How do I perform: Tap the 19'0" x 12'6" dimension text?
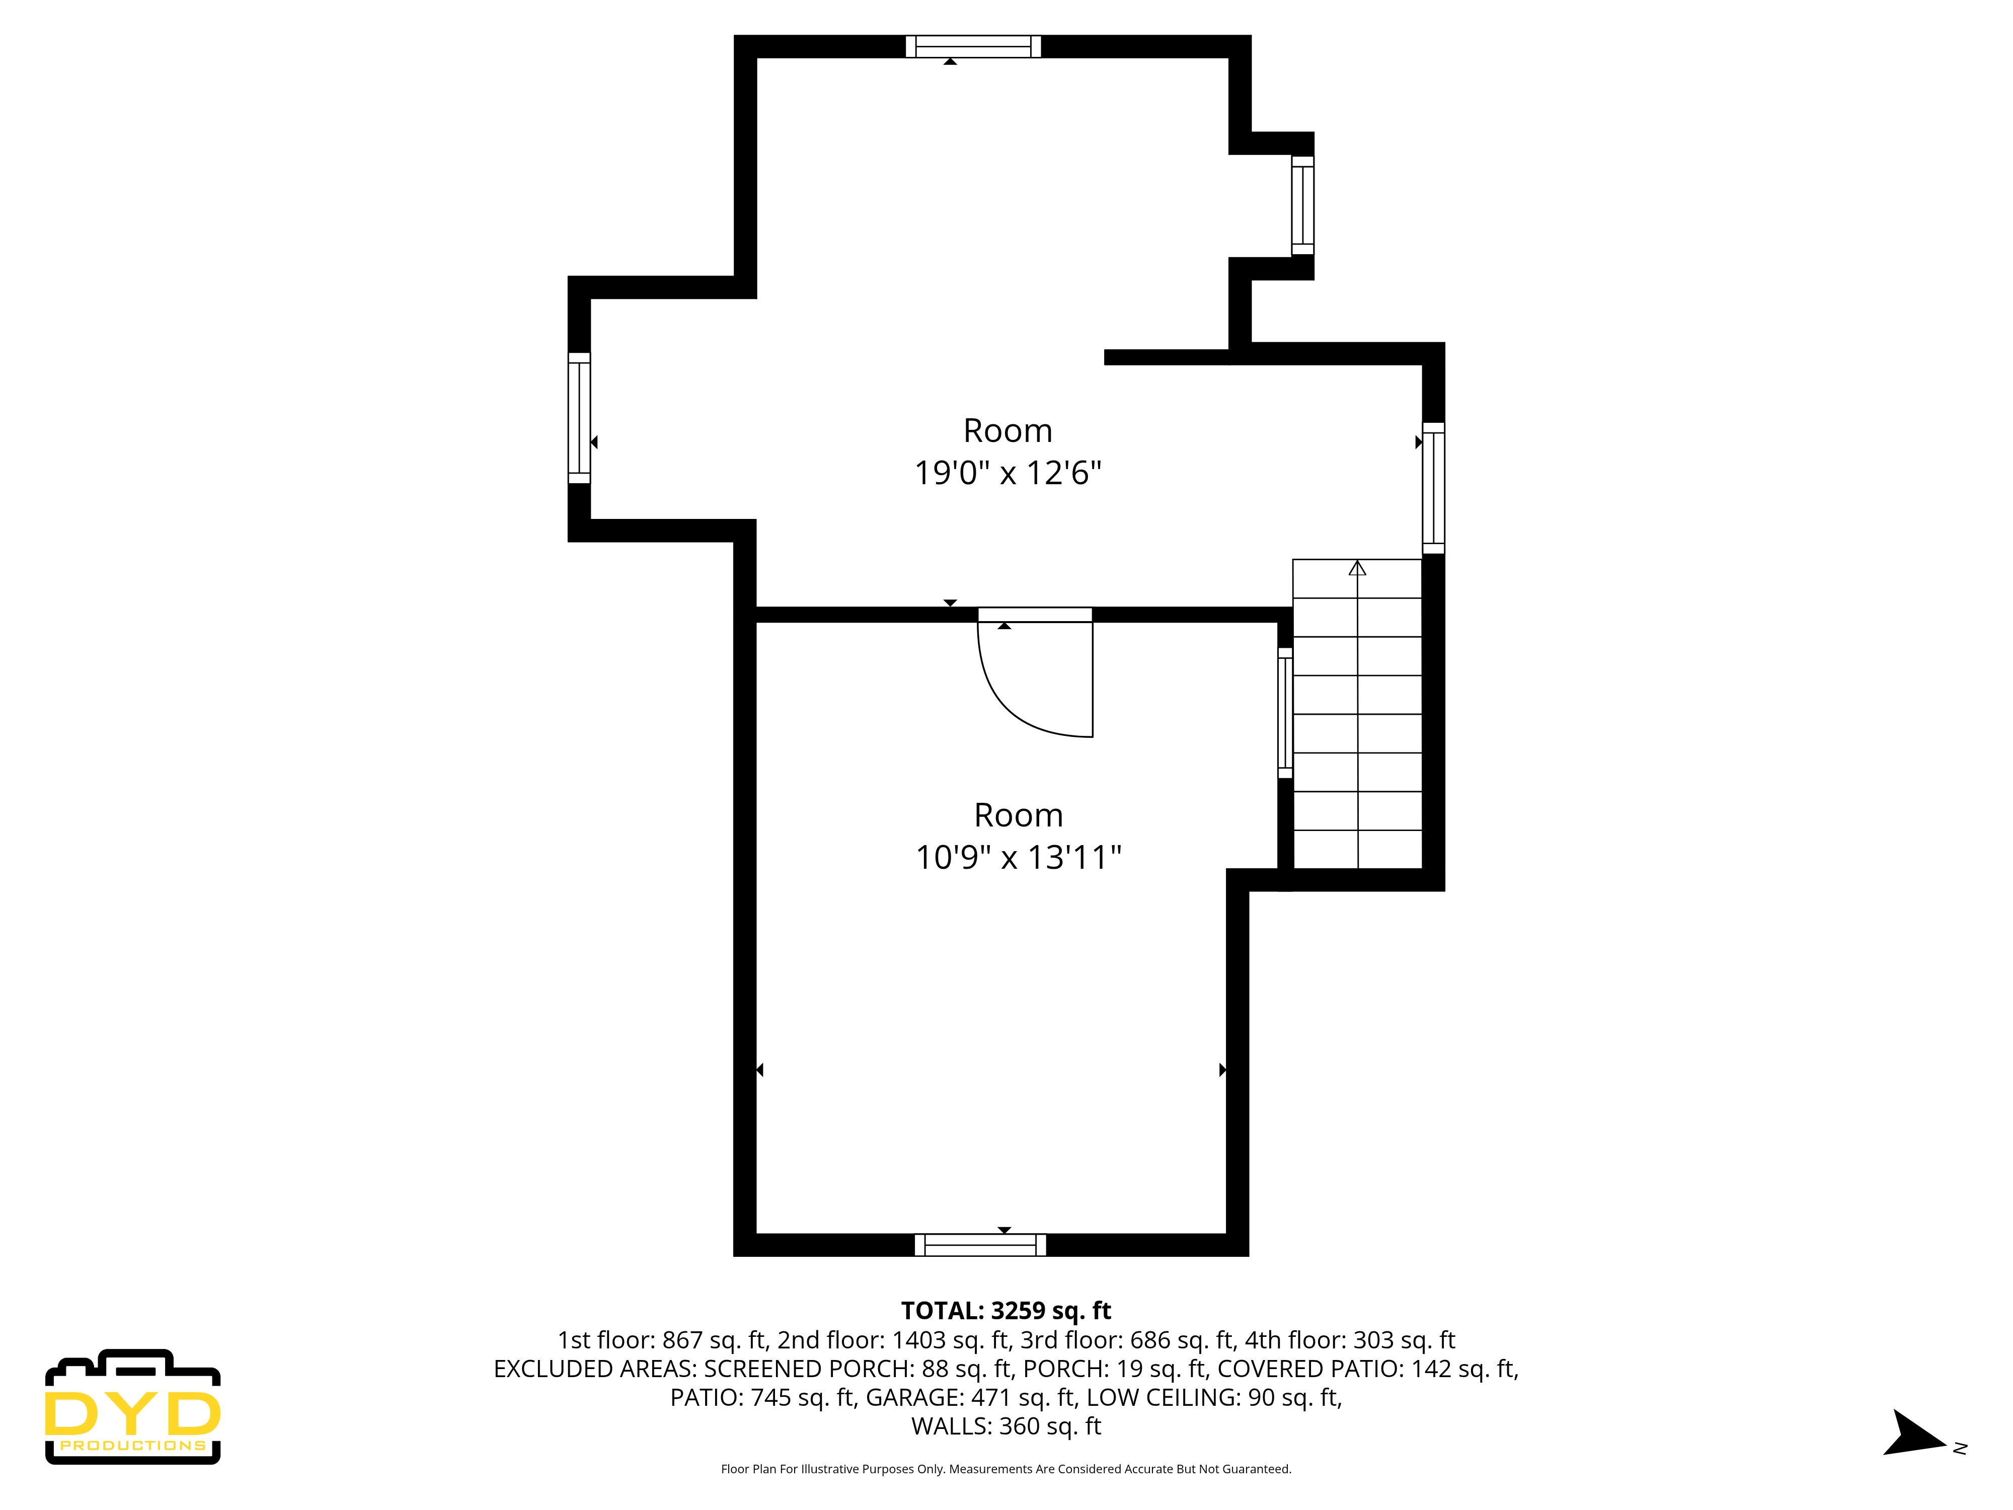(1008, 473)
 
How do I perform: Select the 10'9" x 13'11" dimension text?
(1018, 857)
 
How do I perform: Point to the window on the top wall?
(973, 46)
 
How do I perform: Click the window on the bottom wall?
(980, 1244)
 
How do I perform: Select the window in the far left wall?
(579, 418)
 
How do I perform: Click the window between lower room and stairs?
(1285, 713)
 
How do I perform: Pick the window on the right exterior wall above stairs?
(1433, 488)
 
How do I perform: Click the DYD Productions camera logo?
(133, 1406)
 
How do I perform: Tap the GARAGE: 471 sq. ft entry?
(971, 1397)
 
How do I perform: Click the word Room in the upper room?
(1008, 430)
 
